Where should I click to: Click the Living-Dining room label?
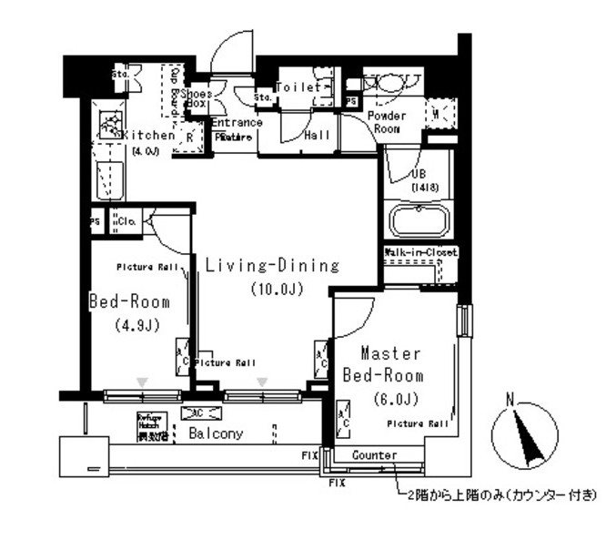(x=271, y=266)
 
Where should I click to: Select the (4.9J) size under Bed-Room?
(x=138, y=325)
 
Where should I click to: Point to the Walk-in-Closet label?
(x=420, y=251)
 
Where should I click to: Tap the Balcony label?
(x=216, y=433)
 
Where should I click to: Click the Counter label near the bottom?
(x=373, y=454)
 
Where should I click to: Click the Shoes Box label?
(x=197, y=98)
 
